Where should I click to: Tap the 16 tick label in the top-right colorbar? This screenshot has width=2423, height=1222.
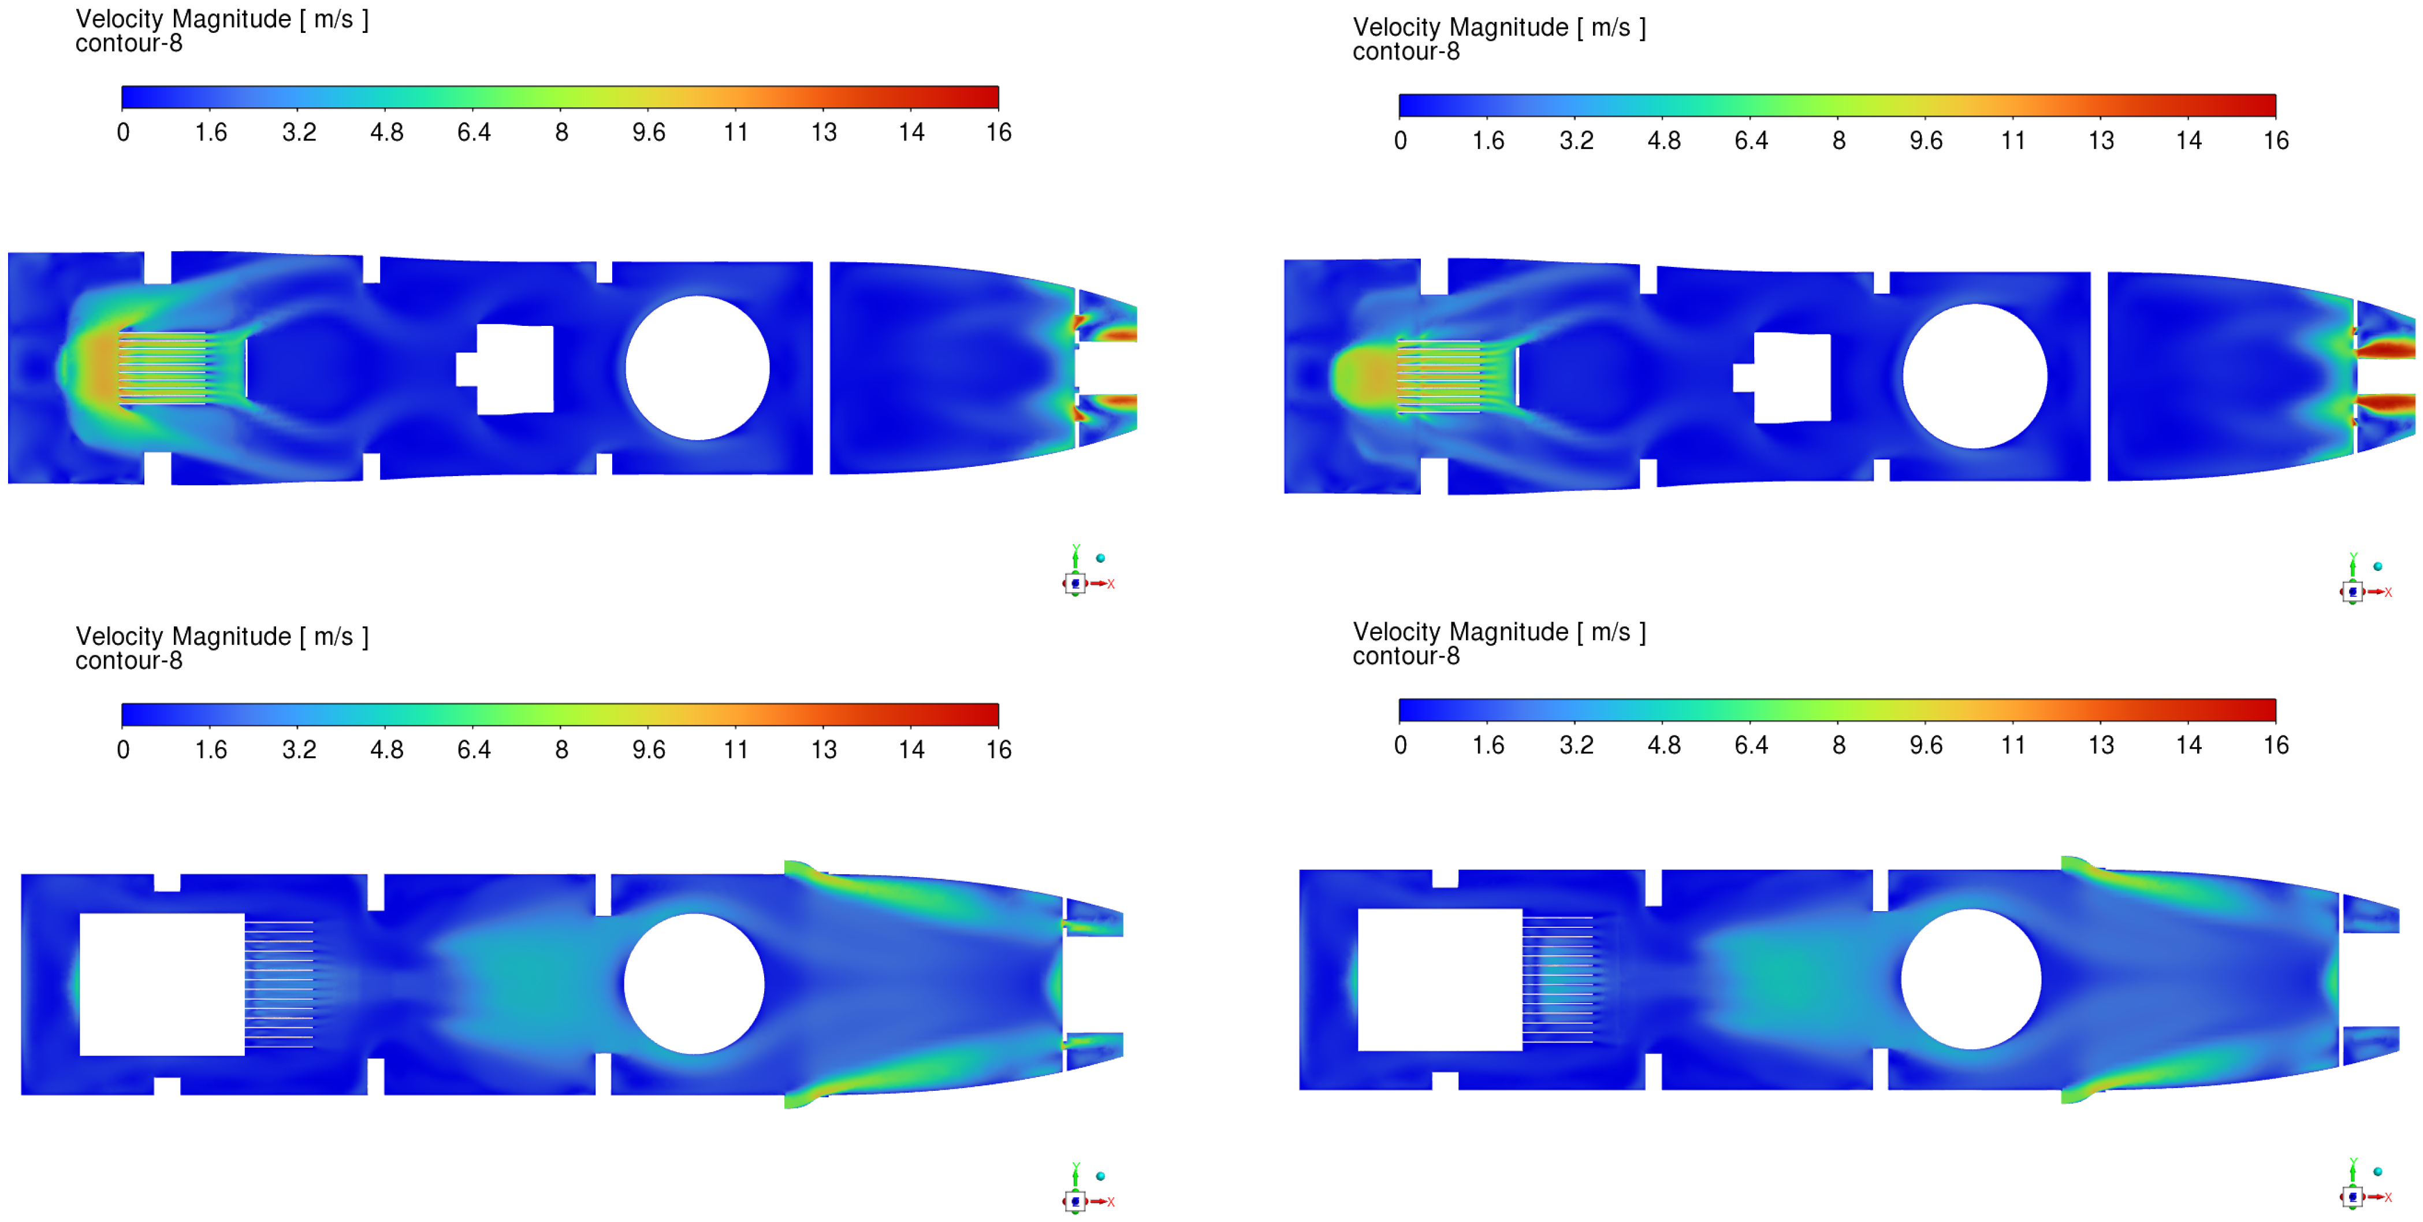tap(2275, 141)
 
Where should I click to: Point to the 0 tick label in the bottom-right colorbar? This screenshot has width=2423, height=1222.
tap(1401, 745)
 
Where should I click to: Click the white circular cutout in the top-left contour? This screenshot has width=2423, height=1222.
tap(697, 368)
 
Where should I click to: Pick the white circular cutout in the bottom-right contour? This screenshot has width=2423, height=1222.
tap(1971, 979)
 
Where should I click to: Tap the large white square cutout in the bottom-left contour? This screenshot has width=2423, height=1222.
tap(162, 984)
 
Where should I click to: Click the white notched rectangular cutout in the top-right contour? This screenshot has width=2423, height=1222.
tap(1782, 377)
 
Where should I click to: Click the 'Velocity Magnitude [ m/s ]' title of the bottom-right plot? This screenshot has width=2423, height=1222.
tap(1499, 632)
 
